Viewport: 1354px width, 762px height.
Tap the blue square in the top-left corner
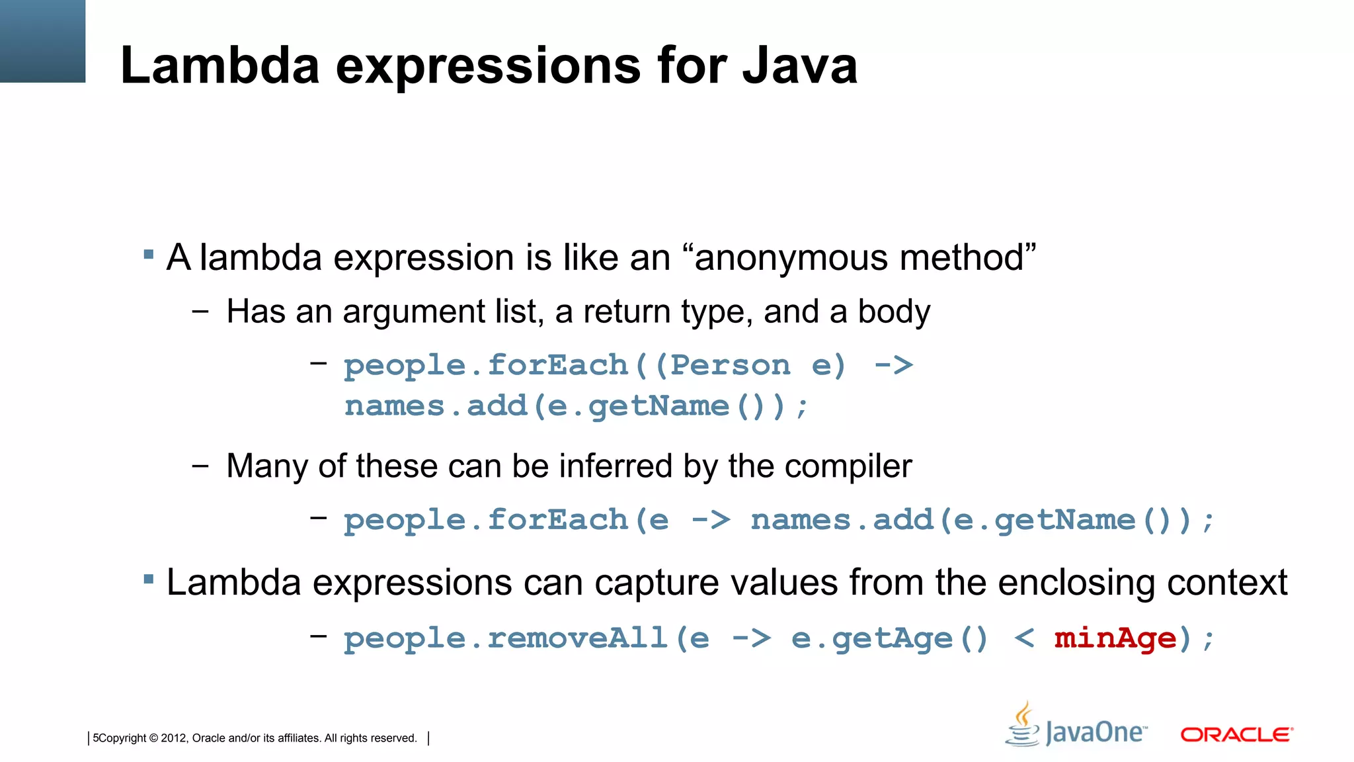pos(42,41)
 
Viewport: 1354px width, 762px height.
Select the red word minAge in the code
pos(1115,639)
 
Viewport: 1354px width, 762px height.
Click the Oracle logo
pos(1236,735)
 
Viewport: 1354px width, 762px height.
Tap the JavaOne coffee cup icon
pos(1023,726)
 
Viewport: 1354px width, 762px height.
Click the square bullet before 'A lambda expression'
pos(149,254)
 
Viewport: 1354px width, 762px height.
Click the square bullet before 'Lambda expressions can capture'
pos(149,580)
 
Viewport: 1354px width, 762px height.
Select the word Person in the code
pos(730,366)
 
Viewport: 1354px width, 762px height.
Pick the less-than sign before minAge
pos(1024,639)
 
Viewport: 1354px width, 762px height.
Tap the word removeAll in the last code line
pos(577,639)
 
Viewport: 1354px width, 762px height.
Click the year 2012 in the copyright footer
pos(174,738)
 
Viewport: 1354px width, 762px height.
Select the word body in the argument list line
pos(893,312)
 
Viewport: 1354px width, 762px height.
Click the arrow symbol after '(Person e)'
pos(894,366)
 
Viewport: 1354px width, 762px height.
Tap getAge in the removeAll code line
pos(892,639)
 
